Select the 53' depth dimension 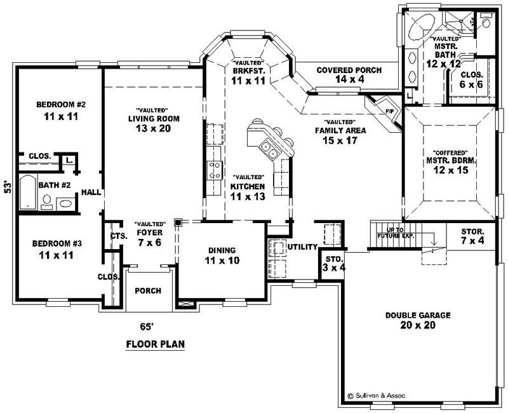click(8, 187)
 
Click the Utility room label click(302, 247)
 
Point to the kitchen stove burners click(215, 170)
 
